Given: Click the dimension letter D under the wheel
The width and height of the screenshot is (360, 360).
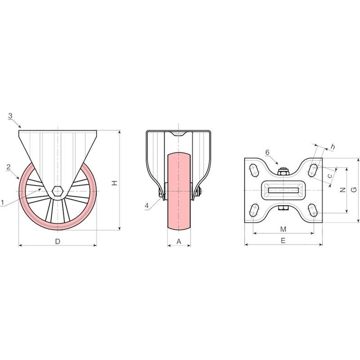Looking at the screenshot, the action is click(58, 241).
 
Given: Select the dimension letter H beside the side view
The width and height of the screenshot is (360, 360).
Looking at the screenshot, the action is click(114, 183).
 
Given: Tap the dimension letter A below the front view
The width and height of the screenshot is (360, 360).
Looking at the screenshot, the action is click(179, 241).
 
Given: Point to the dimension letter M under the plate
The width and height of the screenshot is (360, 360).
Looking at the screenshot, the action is click(284, 229).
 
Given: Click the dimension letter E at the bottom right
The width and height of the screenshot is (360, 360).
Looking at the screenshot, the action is click(283, 240).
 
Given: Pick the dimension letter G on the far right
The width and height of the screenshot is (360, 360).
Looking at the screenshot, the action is click(354, 190).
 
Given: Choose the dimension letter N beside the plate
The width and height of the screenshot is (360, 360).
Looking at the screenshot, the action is click(343, 190).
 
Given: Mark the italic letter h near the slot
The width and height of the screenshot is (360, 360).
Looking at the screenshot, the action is click(333, 146).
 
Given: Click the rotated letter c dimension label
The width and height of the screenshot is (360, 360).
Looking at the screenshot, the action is click(330, 176).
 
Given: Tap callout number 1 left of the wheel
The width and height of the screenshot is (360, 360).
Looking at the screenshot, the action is click(2, 202).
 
